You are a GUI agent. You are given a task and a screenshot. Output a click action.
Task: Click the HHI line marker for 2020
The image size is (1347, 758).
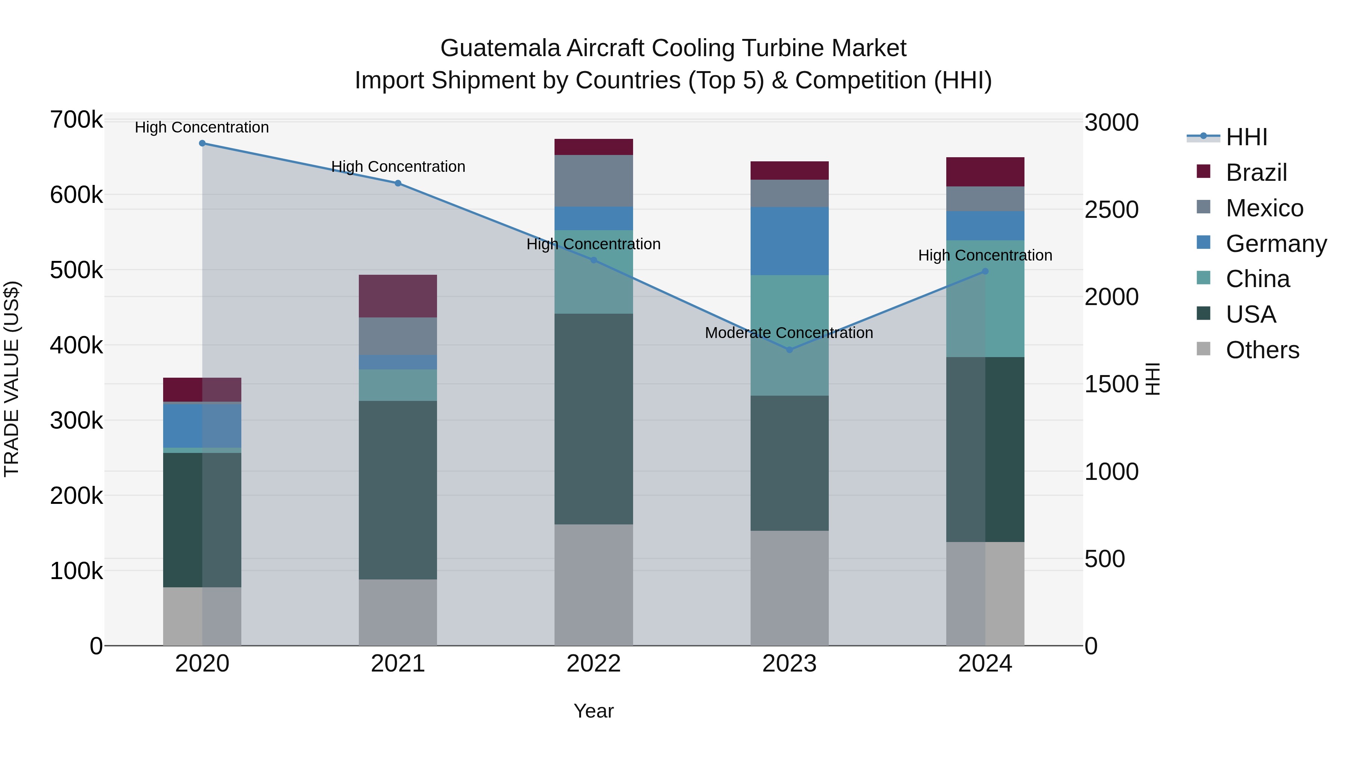coord(202,143)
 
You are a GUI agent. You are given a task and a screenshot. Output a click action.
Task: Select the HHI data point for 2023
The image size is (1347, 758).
coord(789,350)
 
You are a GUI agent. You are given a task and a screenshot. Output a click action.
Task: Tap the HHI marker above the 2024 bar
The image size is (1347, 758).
coord(985,271)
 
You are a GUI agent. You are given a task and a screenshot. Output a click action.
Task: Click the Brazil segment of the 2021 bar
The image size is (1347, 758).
coord(398,296)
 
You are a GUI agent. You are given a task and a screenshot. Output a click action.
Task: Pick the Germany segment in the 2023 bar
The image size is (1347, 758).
coord(789,241)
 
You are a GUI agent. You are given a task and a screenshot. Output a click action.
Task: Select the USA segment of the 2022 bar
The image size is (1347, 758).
coord(593,418)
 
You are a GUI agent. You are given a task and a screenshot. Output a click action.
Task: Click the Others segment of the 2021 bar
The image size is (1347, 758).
coord(398,612)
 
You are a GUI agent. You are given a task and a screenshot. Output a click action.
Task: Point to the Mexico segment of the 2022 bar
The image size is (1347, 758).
coord(593,181)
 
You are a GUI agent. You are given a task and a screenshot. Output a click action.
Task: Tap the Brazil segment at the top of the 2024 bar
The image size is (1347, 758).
coord(985,171)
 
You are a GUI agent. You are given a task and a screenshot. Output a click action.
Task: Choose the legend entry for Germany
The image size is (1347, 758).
coord(1276,244)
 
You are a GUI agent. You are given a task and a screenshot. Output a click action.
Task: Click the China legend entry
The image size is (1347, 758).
coord(1257,279)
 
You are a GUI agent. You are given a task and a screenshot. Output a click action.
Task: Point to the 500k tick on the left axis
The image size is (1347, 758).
coord(76,271)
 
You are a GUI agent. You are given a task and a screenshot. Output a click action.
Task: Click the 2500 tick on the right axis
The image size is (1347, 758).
coord(1111,210)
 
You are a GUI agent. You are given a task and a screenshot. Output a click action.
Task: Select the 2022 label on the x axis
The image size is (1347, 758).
coord(593,664)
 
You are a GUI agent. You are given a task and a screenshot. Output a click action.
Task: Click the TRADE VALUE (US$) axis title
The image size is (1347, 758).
coord(12,379)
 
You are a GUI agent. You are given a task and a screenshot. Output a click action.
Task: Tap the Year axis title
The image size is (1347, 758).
coord(593,711)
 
